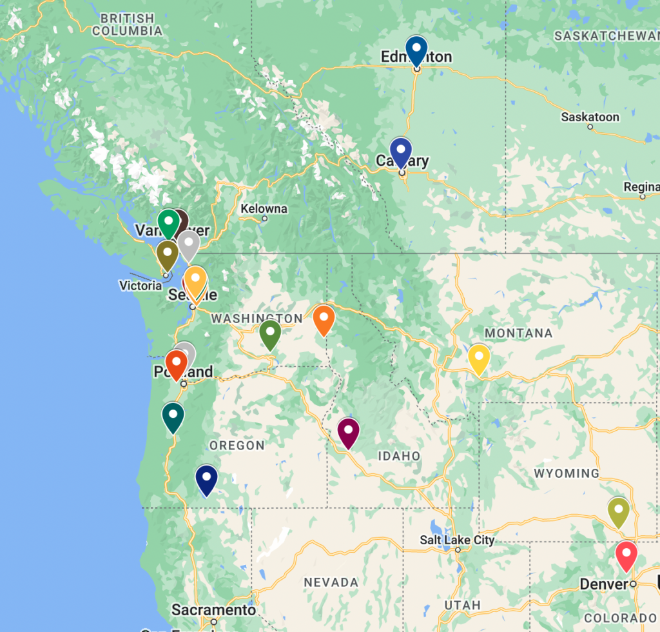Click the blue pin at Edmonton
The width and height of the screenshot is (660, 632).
point(417,49)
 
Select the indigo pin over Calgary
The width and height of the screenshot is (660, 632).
point(400,151)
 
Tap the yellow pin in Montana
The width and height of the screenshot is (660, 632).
point(479,358)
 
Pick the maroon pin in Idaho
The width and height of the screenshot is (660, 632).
point(349,431)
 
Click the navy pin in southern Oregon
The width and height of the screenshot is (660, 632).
point(206,479)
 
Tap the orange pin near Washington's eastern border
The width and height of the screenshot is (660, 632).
point(324,319)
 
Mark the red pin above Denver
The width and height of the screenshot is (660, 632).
point(626,555)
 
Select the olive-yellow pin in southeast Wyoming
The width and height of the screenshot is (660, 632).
point(618,511)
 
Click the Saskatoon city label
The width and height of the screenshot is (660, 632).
point(590,117)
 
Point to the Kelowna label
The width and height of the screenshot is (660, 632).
point(264,209)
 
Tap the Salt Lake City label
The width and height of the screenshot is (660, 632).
point(457,540)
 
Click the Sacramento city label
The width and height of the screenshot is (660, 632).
point(213,609)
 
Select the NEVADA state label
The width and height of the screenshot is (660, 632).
point(331,582)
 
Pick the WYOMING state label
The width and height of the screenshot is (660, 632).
point(567,473)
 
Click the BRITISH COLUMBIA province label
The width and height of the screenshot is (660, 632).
point(127,25)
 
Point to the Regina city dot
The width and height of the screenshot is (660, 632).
point(643,197)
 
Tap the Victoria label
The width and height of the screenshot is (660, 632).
point(141,285)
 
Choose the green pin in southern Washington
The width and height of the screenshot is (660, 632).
point(269,333)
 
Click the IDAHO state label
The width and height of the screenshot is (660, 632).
point(399,456)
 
